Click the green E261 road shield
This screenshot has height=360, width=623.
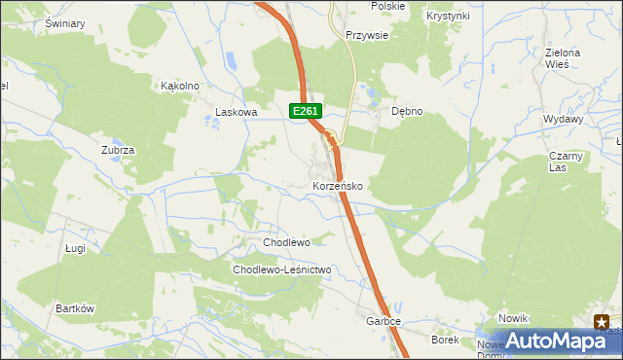(x=305, y=112)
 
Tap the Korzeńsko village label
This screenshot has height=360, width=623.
(x=338, y=185)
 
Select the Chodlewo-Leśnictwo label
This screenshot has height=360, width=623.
(x=282, y=270)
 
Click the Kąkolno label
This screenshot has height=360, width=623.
(x=180, y=86)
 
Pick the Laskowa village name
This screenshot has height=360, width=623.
(x=236, y=112)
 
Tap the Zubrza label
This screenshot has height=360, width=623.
(x=117, y=150)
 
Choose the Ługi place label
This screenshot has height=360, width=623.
(x=76, y=249)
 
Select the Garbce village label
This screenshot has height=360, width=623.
(x=384, y=320)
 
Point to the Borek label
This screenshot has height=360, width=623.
(x=445, y=340)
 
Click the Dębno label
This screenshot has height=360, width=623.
(x=407, y=111)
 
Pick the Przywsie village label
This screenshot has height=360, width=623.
(x=368, y=34)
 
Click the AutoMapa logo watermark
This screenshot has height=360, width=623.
(x=551, y=340)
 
